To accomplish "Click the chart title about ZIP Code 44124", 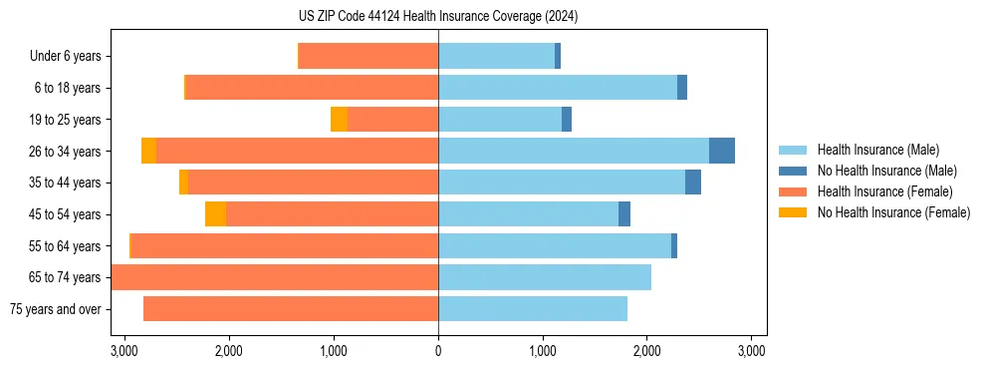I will coord(438,16).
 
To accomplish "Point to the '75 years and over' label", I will coord(56,309).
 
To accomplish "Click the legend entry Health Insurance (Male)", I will coord(877,150).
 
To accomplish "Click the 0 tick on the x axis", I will coord(438,351).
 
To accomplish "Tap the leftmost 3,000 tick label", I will coord(124,351).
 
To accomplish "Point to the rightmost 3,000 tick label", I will coord(752,351).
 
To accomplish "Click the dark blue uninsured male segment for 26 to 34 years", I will coord(722,151).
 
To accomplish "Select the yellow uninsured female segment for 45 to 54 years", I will coord(215,214).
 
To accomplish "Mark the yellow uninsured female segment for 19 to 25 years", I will coord(339,120).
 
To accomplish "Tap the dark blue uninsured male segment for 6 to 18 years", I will coord(682,88).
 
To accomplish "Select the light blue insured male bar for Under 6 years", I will coord(496,57).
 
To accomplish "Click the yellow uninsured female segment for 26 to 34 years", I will coord(148,151).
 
